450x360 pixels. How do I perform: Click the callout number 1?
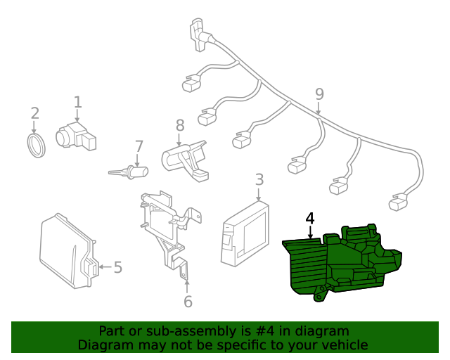(x=78, y=103)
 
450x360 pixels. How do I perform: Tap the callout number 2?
(x=34, y=113)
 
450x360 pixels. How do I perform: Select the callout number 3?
(x=259, y=179)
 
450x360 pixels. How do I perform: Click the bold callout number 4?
(x=310, y=219)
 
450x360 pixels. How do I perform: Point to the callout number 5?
(x=118, y=267)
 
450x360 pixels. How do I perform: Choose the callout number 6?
(x=188, y=302)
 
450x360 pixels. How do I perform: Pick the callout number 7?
(x=139, y=146)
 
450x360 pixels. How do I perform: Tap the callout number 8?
(x=180, y=125)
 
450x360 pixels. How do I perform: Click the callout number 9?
(x=319, y=94)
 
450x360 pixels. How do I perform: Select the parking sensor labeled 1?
(x=76, y=136)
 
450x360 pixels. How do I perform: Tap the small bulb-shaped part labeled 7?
(x=129, y=172)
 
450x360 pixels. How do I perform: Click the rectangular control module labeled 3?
(x=245, y=234)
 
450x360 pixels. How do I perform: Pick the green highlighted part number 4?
(x=342, y=263)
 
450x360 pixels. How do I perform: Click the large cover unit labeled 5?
(x=69, y=251)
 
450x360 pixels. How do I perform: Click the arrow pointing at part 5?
(x=105, y=267)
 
